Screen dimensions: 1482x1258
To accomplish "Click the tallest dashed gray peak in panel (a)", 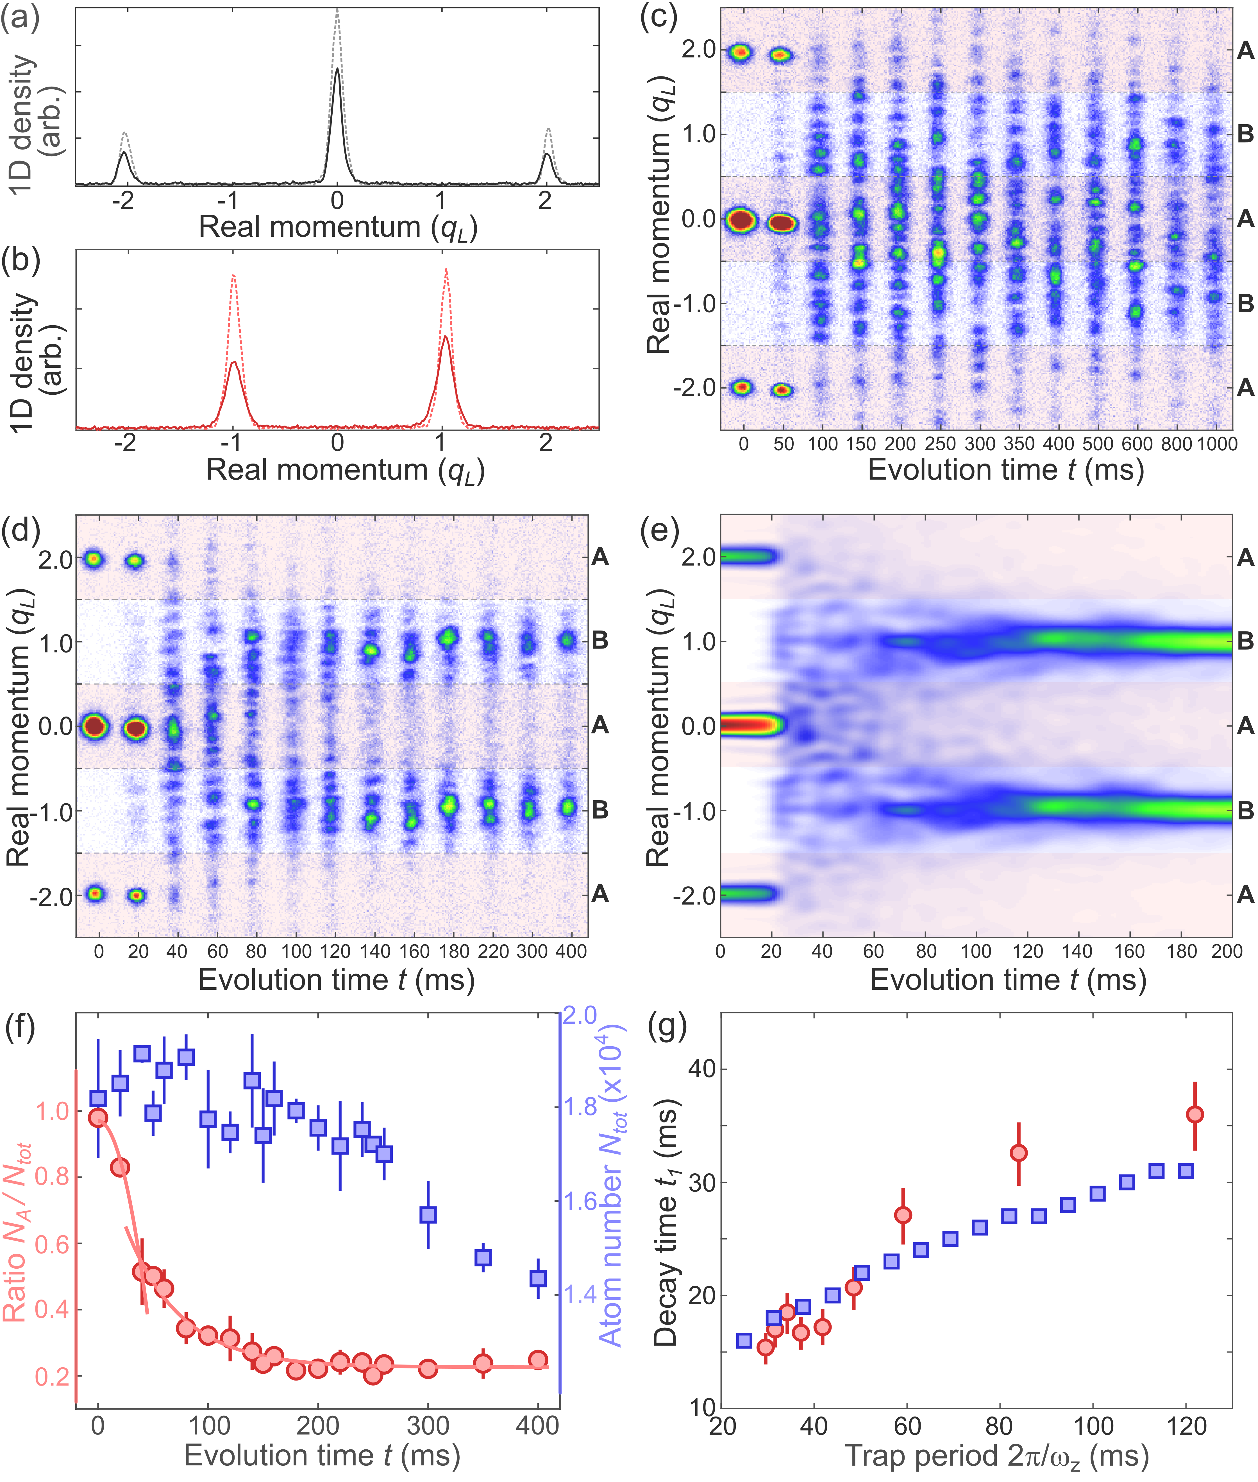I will pos(337,14).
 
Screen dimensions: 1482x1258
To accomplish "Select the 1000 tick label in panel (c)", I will pos(1217,444).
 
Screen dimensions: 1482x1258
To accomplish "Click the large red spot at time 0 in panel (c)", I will pos(742,220).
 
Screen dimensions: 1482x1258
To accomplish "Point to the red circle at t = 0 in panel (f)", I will pos(98,1117).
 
